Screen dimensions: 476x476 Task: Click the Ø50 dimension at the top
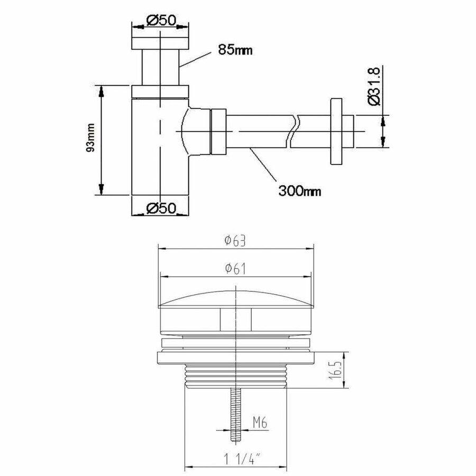point(159,21)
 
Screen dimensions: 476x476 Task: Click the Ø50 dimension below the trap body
point(159,208)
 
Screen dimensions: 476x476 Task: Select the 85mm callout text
point(234,51)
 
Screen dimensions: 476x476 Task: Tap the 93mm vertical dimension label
point(91,140)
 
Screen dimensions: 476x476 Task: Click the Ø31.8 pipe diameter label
point(374,86)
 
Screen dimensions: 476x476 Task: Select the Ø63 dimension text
point(235,241)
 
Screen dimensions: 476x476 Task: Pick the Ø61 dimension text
point(235,269)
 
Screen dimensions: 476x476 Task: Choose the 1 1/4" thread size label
point(236,456)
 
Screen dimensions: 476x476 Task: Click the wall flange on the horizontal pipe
point(336,131)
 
